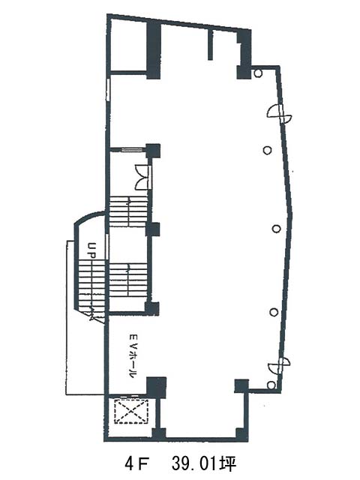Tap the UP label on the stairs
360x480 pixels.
click(x=91, y=250)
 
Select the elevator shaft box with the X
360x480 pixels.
click(x=131, y=412)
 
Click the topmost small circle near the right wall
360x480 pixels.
click(x=258, y=73)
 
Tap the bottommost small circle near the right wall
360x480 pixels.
click(x=271, y=385)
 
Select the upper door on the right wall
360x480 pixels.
click(x=280, y=113)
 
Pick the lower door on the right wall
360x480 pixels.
click(x=279, y=365)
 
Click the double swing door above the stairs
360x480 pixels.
click(x=143, y=177)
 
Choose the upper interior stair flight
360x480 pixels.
click(x=128, y=211)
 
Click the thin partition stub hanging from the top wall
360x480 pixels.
click(x=210, y=45)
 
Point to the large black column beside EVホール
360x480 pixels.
click(x=156, y=387)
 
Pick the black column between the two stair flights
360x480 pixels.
click(x=153, y=229)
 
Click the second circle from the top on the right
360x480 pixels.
click(x=268, y=150)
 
